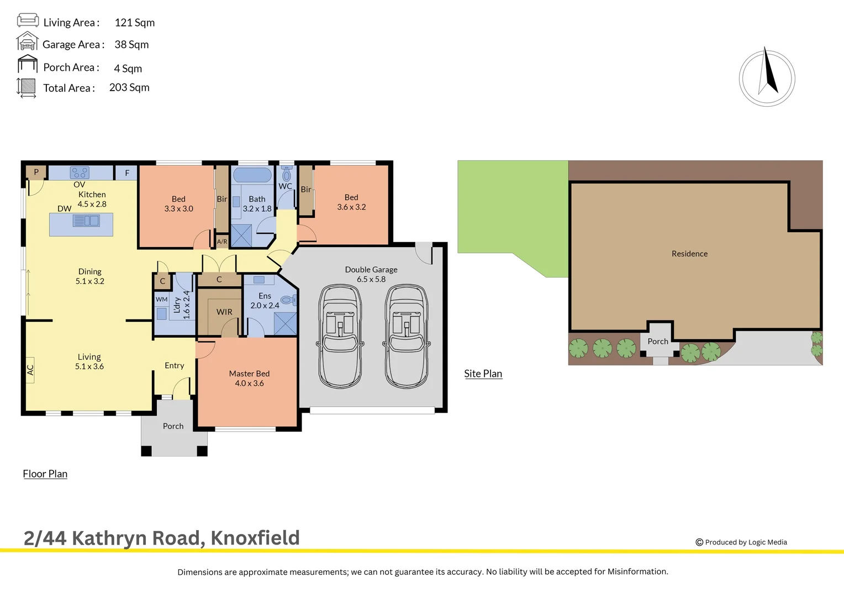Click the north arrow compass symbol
pyautogui.click(x=767, y=78)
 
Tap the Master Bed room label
pyautogui.click(x=249, y=378)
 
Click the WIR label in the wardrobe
pyautogui.click(x=224, y=312)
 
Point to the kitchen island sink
pyautogui.click(x=86, y=221)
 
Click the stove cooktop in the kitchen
pyautogui.click(x=80, y=172)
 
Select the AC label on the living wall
pyautogui.click(x=30, y=370)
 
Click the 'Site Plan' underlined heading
pyautogui.click(x=483, y=374)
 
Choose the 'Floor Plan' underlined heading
pyautogui.click(x=45, y=474)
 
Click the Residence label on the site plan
pyautogui.click(x=689, y=254)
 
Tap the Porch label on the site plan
pyautogui.click(x=658, y=342)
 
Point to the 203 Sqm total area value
pyautogui.click(x=129, y=87)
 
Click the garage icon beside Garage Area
pyautogui.click(x=27, y=42)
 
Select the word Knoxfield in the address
pyautogui.click(x=255, y=538)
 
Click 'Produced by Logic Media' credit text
pyautogui.click(x=745, y=542)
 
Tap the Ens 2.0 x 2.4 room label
pyautogui.click(x=265, y=301)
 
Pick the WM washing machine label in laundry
pyautogui.click(x=161, y=299)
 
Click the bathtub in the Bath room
pyautogui.click(x=252, y=175)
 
